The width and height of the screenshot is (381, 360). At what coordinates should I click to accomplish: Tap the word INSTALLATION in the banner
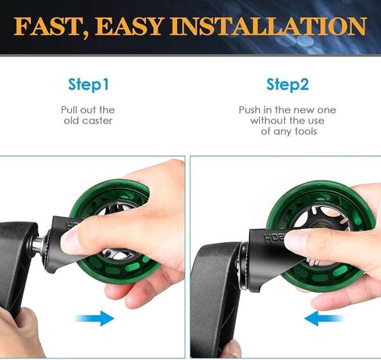269,27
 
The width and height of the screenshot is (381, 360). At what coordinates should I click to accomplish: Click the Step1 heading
88,84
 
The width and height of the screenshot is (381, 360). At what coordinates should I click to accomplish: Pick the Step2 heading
287,84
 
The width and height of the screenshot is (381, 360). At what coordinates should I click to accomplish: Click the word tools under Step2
306,131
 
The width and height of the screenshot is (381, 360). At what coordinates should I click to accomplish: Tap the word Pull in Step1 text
69,110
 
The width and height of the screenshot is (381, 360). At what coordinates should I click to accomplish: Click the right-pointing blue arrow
94,318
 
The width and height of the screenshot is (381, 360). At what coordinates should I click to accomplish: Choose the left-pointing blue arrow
323,318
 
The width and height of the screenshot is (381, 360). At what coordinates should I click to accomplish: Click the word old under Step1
70,120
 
